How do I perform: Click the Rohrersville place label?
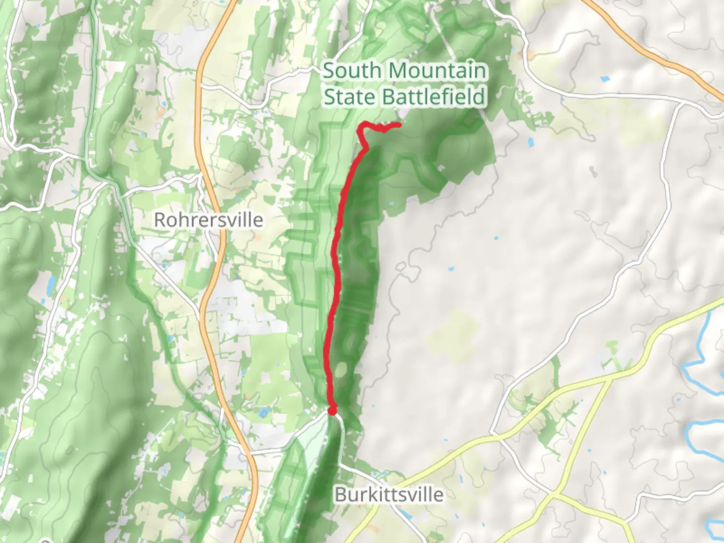(x=208, y=220)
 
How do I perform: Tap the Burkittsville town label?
(x=389, y=494)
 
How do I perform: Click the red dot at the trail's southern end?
(x=332, y=411)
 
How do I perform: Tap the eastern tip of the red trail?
(x=400, y=125)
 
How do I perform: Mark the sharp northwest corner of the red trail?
(x=360, y=129)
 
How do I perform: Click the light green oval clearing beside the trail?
(x=341, y=371)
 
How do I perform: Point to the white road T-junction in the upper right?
(x=680, y=103)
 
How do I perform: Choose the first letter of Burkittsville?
(x=340, y=494)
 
